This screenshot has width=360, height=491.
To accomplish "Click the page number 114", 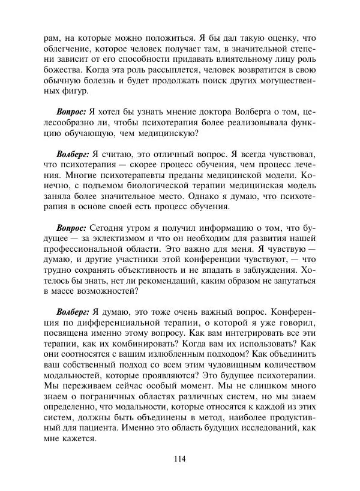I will coord(180,460).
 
